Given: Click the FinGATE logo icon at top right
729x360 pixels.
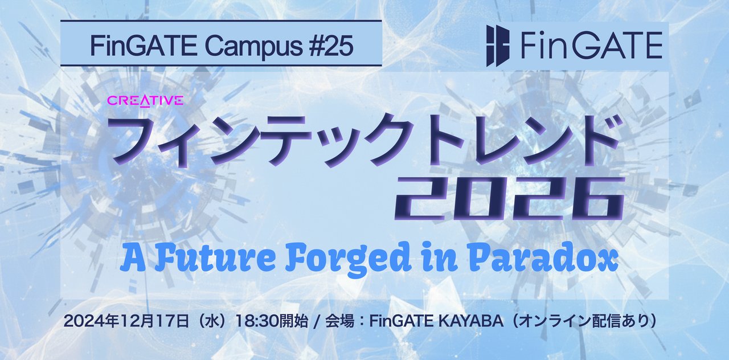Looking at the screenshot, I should tap(497, 46).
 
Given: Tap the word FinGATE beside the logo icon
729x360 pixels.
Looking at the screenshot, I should tap(590, 46).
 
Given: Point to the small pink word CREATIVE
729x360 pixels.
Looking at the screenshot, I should tap(145, 101).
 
